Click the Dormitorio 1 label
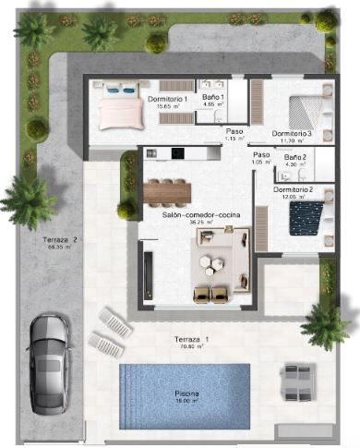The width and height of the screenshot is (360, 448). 167,98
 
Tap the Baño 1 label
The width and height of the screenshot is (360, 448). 213,97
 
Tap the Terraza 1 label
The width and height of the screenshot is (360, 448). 192,341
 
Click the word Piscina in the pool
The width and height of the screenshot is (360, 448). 186,394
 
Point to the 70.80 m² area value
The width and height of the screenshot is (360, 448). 192,349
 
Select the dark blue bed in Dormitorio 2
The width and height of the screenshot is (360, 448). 305,219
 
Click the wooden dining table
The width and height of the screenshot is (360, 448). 167,191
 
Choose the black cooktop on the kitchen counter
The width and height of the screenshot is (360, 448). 158,154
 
